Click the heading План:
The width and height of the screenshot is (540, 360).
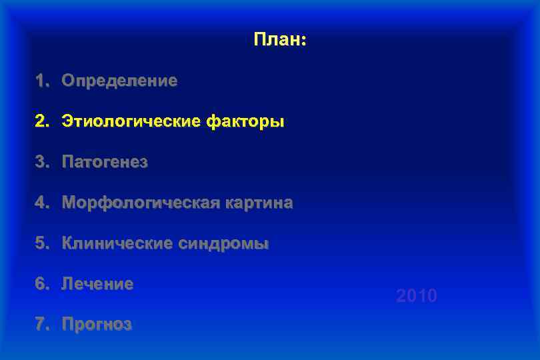pos(279,40)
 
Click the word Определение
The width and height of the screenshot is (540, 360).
pos(119,81)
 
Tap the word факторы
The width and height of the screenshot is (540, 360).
pos(245,122)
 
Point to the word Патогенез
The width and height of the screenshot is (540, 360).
pos(105,163)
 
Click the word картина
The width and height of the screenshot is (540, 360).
pos(257,203)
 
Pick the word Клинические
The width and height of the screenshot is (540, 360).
pos(117,243)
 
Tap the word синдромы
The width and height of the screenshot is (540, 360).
pos(224,243)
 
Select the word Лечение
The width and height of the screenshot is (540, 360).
pos(97,284)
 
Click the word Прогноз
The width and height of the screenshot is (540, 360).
pos(97,325)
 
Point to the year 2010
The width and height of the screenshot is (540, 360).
pos(417,296)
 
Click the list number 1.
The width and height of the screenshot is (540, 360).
pos(41,81)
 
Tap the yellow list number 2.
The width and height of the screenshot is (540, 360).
pos(41,122)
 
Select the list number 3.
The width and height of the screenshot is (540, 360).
pos(41,163)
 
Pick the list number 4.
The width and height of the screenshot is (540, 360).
pos(41,203)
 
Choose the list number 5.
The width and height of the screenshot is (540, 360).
pos(41,243)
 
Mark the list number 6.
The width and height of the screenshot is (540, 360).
pos(41,284)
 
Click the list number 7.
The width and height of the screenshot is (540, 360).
pos(41,325)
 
